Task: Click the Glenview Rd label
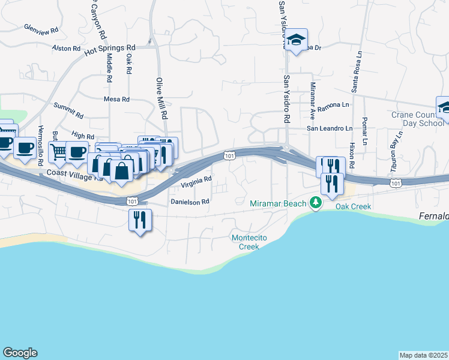tap(41, 28)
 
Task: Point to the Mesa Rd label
tap(116, 99)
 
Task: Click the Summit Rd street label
tap(68, 110)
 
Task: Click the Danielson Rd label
tap(189, 202)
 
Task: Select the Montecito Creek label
tap(246, 242)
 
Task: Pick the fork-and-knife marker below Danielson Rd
tap(140, 220)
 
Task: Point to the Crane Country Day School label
tap(417, 119)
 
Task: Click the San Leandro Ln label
tap(330, 128)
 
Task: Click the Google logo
tap(20, 353)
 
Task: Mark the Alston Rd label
tap(66, 48)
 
